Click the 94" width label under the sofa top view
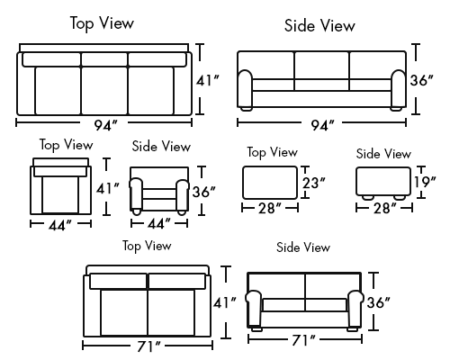[105, 125]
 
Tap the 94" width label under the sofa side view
[322, 125]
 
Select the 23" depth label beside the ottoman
[314, 183]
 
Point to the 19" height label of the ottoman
[425, 182]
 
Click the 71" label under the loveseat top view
[148, 346]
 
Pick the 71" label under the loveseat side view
[303, 340]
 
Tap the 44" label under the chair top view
[60, 225]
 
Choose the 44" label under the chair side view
[159, 224]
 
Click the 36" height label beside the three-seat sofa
[422, 80]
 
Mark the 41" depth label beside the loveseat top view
[225, 302]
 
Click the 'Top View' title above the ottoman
[273, 152]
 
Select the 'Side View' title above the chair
[161, 147]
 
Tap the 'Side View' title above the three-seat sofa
[319, 25]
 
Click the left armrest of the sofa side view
[246, 89]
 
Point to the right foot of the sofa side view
[397, 109]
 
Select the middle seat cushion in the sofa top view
[104, 91]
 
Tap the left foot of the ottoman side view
[368, 198]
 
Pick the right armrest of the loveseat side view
[355, 309]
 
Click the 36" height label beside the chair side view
[204, 192]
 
